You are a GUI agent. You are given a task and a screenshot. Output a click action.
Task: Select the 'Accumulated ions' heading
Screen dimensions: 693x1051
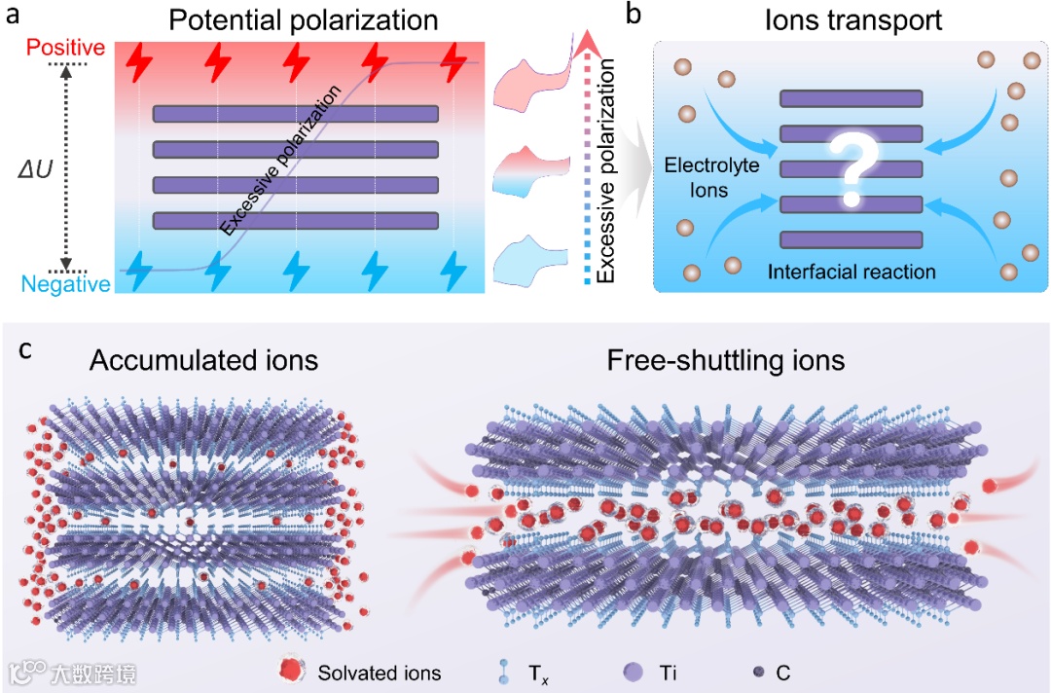(x=203, y=361)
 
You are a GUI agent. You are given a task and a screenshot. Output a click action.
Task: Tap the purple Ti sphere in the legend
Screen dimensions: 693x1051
(x=634, y=671)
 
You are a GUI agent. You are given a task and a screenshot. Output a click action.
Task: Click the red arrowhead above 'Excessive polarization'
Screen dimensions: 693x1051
(x=584, y=43)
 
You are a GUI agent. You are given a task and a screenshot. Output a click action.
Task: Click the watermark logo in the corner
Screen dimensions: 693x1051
(x=22, y=672)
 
